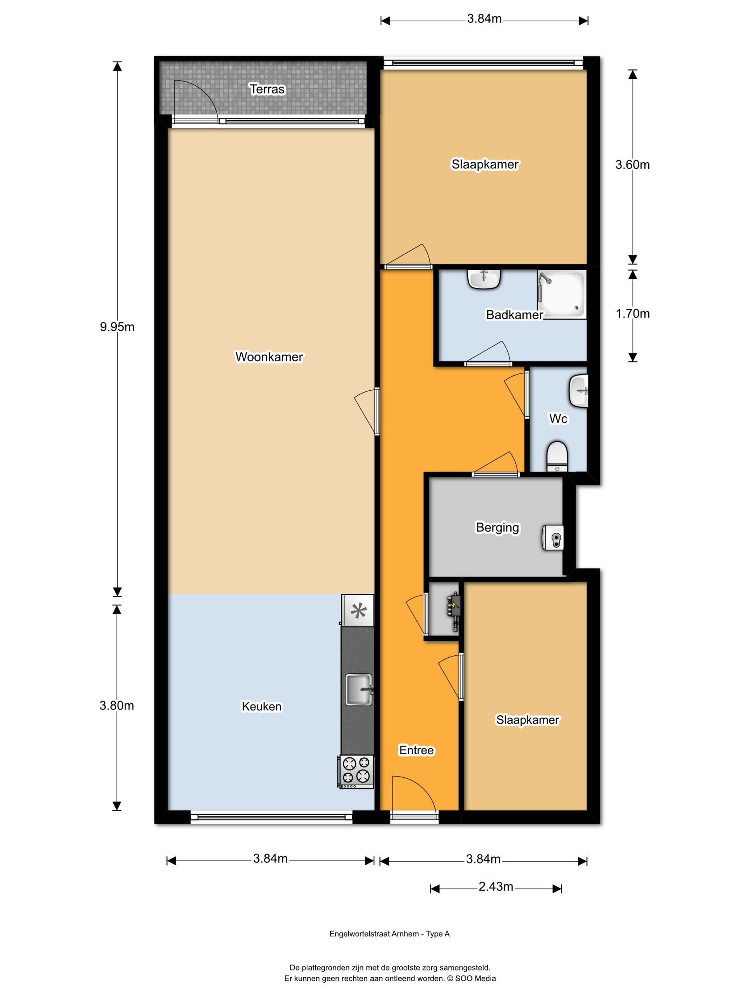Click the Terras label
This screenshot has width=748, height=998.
pos(267,89)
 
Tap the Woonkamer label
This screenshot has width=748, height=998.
pos(269,357)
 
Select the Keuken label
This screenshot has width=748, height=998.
pos(261,706)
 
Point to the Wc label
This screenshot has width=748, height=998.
pos(558,419)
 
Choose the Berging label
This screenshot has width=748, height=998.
pos(497,527)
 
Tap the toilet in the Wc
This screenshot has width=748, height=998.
pos(557,457)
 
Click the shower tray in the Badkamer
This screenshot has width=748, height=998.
pos(562,294)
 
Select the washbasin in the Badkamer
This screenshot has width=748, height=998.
pos(484,279)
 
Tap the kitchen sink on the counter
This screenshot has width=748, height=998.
pos(359,689)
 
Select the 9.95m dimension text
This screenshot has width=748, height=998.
pos(117,327)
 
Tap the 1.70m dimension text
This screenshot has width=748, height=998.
pos(633,313)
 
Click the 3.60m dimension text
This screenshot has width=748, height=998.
pos(633,165)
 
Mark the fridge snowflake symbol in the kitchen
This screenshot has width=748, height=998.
pos(358,611)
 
